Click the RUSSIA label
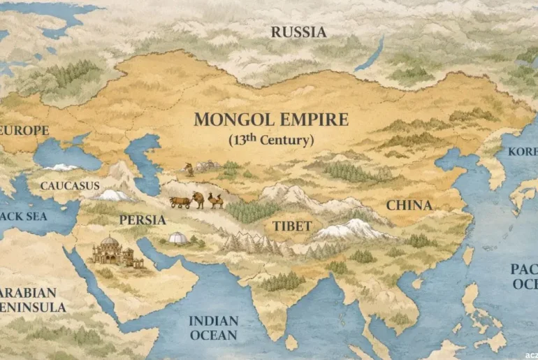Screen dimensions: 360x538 point(298,32)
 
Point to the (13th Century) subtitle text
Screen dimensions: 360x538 point(271,140)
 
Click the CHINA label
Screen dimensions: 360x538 point(409,206)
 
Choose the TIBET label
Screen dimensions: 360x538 point(292,226)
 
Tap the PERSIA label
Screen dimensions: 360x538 point(143,219)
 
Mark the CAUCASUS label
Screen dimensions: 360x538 point(70,186)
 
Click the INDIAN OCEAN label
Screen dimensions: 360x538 point(214,328)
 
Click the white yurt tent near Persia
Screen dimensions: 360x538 point(179,239)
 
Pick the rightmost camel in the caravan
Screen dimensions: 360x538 point(215,201)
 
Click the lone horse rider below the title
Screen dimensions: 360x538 point(188,169)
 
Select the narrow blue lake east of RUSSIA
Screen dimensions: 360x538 point(369,55)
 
